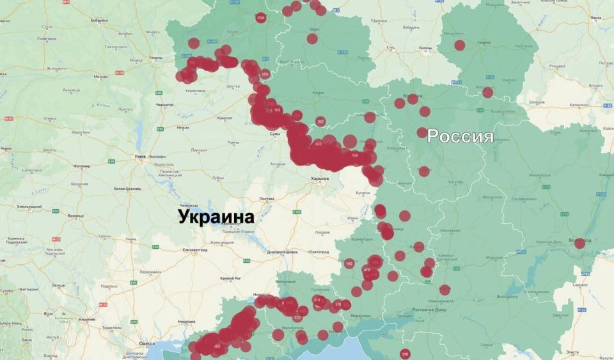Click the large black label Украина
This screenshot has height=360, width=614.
coord(216,217)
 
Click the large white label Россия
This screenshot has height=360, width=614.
coord(460,136)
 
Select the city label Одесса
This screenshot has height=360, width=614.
coord(147,343)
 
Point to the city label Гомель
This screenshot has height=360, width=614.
coord(155,57)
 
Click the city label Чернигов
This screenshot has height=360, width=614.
coord(164,104)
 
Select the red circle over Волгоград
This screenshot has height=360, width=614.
coord(579,243)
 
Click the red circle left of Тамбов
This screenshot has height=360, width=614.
coord(459,45)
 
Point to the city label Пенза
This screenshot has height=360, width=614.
coord(596,17)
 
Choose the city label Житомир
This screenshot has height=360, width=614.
coord(82,166)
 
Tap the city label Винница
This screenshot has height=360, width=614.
coord(75,215)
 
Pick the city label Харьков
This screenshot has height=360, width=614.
coord(319,178)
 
